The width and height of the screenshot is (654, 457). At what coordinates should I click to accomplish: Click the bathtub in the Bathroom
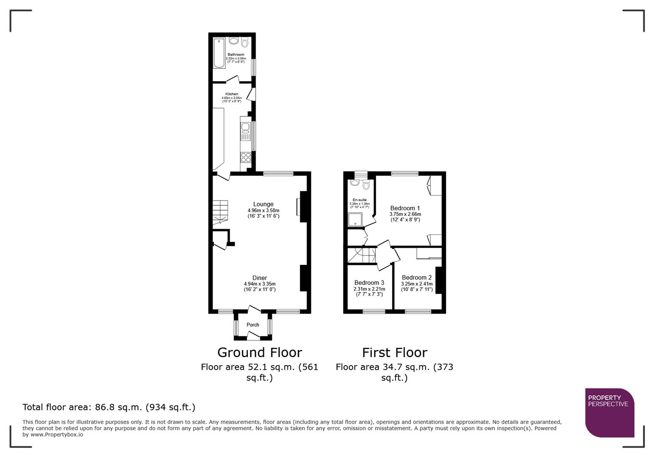click(x=219, y=53)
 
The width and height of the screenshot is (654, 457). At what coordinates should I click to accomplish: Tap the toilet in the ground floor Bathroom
click(x=244, y=42)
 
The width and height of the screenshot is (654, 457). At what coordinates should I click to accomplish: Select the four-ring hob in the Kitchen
click(x=246, y=157)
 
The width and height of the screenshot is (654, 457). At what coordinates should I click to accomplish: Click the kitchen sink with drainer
click(x=246, y=131)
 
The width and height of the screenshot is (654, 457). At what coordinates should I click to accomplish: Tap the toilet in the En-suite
click(x=366, y=184)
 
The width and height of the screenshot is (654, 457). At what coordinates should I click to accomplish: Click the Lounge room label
click(x=263, y=204)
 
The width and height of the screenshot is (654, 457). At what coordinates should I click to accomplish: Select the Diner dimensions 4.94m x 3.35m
click(x=260, y=284)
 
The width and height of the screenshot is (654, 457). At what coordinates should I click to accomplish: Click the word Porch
click(x=253, y=325)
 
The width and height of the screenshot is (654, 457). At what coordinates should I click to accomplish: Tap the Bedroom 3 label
click(x=369, y=283)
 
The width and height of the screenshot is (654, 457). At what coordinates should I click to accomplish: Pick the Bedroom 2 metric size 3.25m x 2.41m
click(x=417, y=284)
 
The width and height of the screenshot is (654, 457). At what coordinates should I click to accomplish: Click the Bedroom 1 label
click(x=405, y=208)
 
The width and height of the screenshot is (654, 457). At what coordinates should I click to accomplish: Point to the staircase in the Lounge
click(x=220, y=212)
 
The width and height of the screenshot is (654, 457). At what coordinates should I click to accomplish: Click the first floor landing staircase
click(x=361, y=255)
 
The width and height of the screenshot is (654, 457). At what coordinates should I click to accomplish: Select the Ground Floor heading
click(x=259, y=352)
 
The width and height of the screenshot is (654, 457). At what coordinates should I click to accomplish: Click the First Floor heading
click(x=394, y=352)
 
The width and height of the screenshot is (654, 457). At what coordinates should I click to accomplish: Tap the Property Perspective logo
click(x=609, y=412)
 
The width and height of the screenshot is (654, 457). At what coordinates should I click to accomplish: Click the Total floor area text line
click(x=109, y=407)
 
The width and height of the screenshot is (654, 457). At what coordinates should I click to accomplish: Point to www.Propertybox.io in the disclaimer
click(x=56, y=435)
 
